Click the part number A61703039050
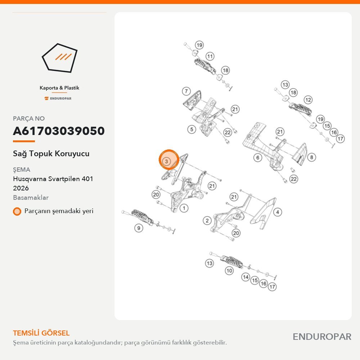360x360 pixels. pyautogui.click(x=59, y=131)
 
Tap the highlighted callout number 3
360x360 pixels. pyautogui.click(x=166, y=161)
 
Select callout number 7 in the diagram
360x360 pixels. pyautogui.click(x=186, y=91)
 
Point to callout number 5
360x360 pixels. pyautogui.click(x=192, y=130)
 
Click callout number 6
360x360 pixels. pyautogui.click(x=258, y=158)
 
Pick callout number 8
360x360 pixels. pyautogui.click(x=311, y=157)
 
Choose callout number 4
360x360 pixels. pyautogui.click(x=278, y=212)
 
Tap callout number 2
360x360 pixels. pyautogui.click(x=207, y=221)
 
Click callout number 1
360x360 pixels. pyautogui.click(x=184, y=208)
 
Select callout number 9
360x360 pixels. pyautogui.click(x=139, y=228)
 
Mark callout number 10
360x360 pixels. pyautogui.click(x=229, y=271)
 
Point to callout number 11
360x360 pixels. pyautogui.click(x=210, y=56)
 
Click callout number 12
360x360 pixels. pyautogui.click(x=308, y=100)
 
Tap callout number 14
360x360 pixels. pyautogui.click(x=246, y=277)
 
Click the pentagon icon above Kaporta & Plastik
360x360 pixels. pyautogui.click(x=59, y=58)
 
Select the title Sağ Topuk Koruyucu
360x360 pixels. pyautogui.click(x=51, y=154)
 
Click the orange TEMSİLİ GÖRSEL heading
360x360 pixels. pyautogui.click(x=41, y=333)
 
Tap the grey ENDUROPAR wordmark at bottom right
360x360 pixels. pyautogui.click(x=322, y=337)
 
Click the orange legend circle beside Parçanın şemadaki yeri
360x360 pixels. pyautogui.click(x=17, y=211)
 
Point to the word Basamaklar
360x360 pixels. pyautogui.click(x=31, y=198)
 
